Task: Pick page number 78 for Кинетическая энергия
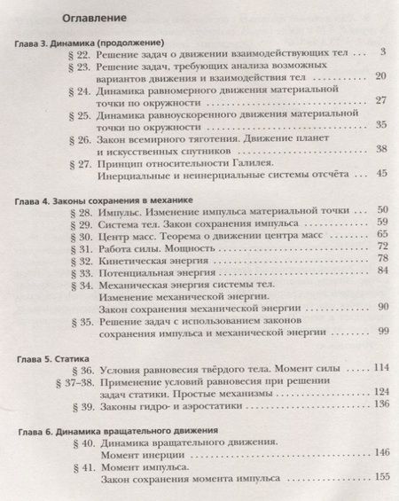[x=381, y=258]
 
